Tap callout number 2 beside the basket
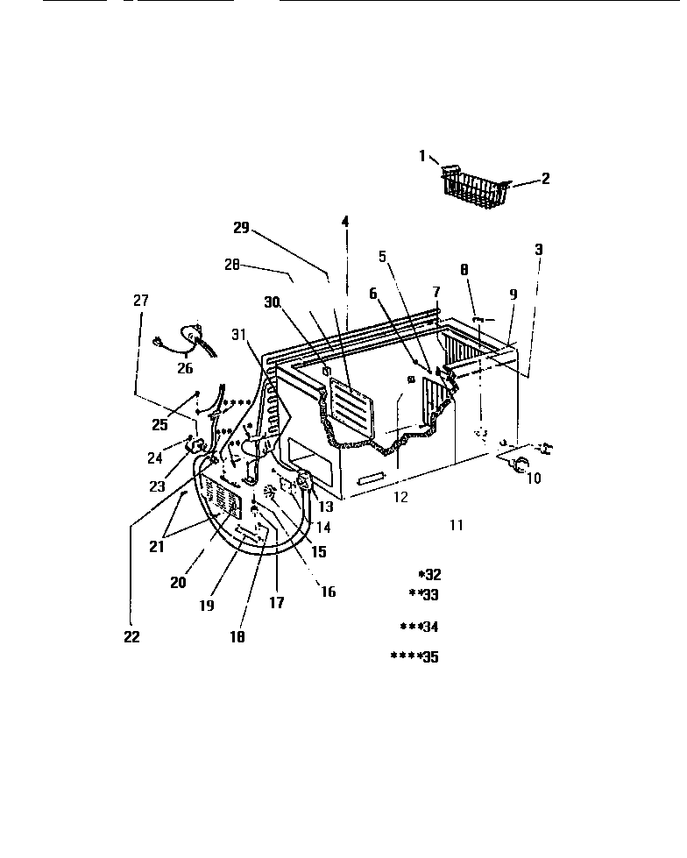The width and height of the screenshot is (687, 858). (x=545, y=179)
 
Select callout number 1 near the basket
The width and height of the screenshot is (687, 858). (x=422, y=156)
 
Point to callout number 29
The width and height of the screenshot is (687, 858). (x=241, y=229)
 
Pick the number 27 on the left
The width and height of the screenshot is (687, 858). (x=141, y=301)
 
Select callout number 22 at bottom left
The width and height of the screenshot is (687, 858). (x=131, y=637)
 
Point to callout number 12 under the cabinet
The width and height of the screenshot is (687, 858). (x=400, y=498)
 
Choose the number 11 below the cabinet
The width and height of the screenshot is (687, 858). (x=456, y=525)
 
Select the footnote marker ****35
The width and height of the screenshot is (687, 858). (x=414, y=657)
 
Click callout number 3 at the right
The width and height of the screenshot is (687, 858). (x=539, y=250)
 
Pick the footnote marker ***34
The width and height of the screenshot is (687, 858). (x=419, y=627)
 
